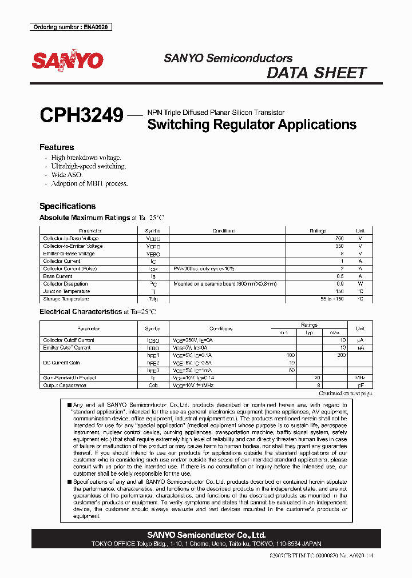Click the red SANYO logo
(x=67, y=61)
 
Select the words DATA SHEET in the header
(x=316, y=73)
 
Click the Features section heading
(x=56, y=147)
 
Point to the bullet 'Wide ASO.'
(x=66, y=175)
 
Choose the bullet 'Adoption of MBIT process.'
(x=89, y=183)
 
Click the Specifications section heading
(x=67, y=206)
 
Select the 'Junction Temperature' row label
(x=66, y=291)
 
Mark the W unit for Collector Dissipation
(x=360, y=284)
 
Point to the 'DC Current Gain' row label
(x=62, y=363)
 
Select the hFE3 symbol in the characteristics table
(x=153, y=370)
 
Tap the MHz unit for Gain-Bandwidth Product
(x=360, y=378)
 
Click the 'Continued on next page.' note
(x=345, y=393)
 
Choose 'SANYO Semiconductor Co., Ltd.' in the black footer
(x=206, y=535)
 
